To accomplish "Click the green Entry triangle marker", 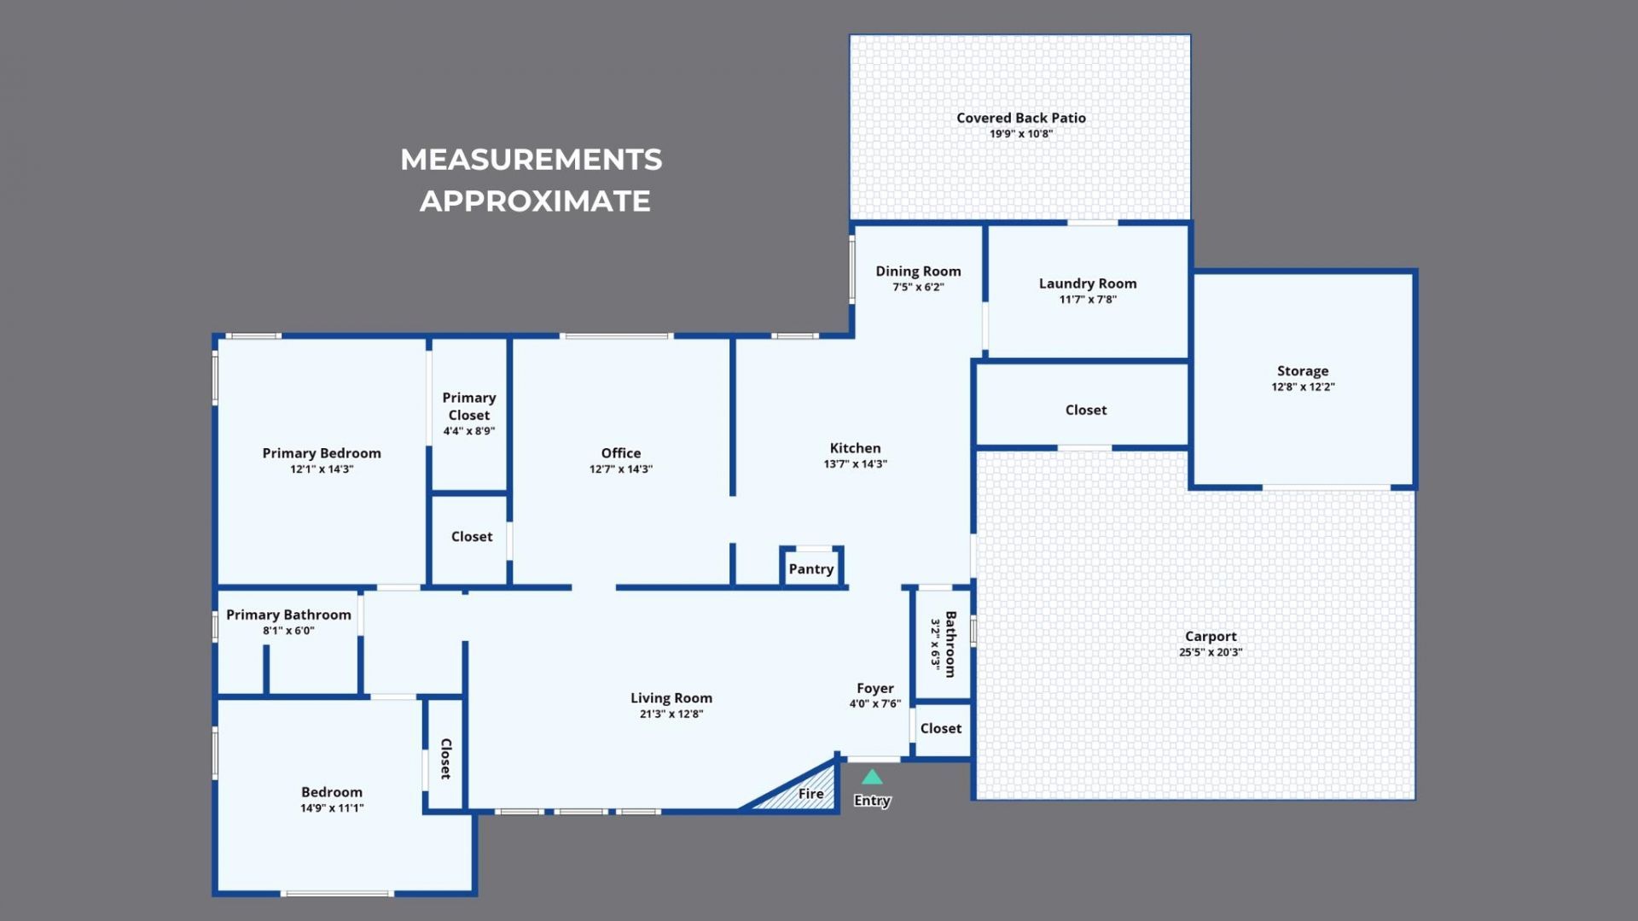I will [872, 778].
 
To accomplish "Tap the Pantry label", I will [810, 569].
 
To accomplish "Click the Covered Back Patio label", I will [1020, 118].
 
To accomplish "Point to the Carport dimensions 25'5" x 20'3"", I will [1210, 652].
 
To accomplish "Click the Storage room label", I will [1302, 370].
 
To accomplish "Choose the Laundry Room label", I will [1087, 283].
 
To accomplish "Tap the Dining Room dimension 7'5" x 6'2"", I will [918, 287].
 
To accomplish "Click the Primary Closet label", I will [468, 406].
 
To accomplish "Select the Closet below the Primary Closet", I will [471, 537].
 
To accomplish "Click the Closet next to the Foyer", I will [940, 728].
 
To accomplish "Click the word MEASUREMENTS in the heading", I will [531, 160].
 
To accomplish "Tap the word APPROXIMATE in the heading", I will [534, 201].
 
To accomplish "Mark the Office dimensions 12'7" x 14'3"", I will [620, 469].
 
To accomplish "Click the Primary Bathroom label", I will [288, 615].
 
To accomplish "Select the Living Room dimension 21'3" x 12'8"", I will [671, 714].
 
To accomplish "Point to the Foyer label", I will [874, 688].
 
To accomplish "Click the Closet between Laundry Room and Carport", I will [1085, 410].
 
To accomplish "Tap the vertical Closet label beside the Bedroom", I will [444, 758].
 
